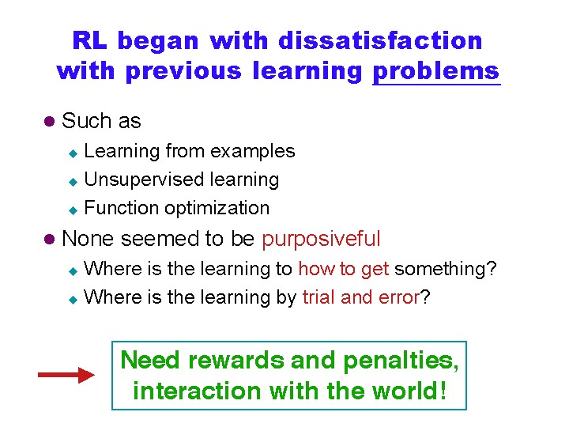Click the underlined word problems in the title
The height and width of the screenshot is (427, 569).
436,71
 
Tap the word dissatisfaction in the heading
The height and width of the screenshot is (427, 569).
380,40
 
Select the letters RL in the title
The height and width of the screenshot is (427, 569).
89,40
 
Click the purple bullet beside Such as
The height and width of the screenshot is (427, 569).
49,121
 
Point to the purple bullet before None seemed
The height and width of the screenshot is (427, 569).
49,240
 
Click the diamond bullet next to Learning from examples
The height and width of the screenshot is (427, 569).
73,154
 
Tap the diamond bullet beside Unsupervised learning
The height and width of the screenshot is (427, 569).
73,182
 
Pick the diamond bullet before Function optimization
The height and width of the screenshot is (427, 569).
73,210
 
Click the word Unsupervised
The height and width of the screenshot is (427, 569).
145,179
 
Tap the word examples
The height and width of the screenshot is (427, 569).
253,151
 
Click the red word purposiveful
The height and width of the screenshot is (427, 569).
321,240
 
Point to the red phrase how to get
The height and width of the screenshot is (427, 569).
344,270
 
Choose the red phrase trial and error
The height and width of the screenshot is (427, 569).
361,297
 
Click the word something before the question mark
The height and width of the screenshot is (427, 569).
440,270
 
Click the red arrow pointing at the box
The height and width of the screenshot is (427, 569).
66,375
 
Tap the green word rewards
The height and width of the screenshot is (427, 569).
236,361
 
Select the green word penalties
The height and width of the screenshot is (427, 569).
401,361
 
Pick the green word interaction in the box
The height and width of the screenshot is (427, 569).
197,391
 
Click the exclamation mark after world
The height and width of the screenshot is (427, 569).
443,391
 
